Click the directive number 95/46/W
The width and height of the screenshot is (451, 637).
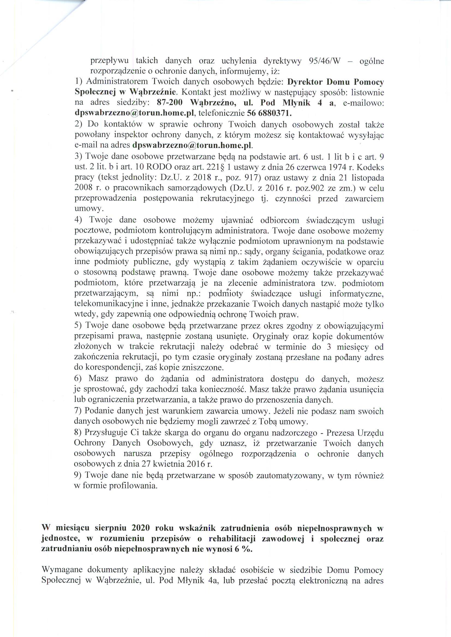pyautogui.click(x=324, y=61)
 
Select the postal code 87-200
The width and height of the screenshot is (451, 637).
pyautogui.click(x=170, y=103)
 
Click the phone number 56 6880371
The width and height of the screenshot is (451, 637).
pyautogui.click(x=268, y=113)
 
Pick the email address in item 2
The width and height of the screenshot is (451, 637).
pyautogui.click(x=193, y=145)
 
